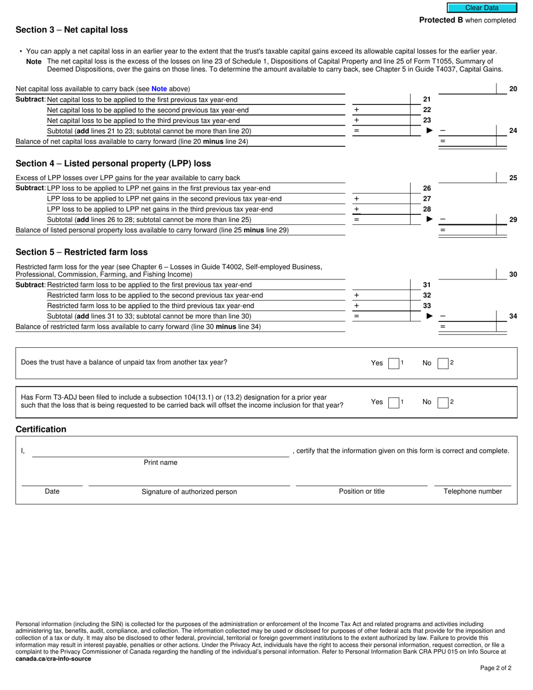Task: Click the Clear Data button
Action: [x=481, y=8]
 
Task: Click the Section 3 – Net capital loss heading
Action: [x=72, y=30]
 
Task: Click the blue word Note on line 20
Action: [x=159, y=89]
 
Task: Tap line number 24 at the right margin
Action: [x=513, y=131]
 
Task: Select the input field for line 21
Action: [x=387, y=99]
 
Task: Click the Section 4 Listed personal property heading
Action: [x=113, y=163]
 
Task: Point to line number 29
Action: [x=513, y=219]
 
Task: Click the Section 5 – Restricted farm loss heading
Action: [x=82, y=252]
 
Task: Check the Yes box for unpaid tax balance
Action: [x=393, y=363]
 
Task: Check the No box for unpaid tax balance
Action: [x=443, y=363]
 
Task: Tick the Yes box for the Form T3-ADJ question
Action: [x=393, y=402]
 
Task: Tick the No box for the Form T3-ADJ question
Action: [x=443, y=402]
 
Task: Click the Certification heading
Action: [x=41, y=429]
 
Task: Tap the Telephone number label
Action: [x=472, y=491]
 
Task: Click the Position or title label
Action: [x=361, y=491]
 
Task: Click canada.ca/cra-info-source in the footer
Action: [x=53, y=659]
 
